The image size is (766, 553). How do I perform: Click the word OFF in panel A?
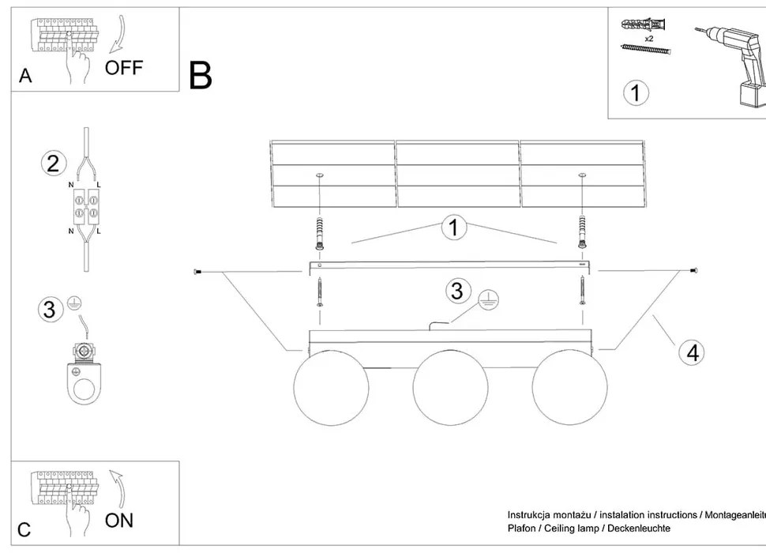(x=124, y=67)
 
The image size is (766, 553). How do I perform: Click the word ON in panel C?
(x=118, y=520)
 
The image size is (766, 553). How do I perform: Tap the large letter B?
(x=201, y=75)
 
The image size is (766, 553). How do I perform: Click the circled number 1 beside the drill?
(x=636, y=92)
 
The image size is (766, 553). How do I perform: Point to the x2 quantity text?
(x=648, y=39)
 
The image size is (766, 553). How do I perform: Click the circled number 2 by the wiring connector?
(x=52, y=164)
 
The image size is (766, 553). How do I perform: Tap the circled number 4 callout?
(x=692, y=352)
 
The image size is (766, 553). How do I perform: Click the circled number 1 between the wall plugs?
(x=452, y=228)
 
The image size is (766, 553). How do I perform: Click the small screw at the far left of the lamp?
(x=197, y=273)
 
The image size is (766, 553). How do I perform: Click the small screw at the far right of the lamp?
(x=694, y=273)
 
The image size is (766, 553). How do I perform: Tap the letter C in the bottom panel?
(x=24, y=530)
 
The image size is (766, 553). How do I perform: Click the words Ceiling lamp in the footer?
(x=584, y=528)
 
